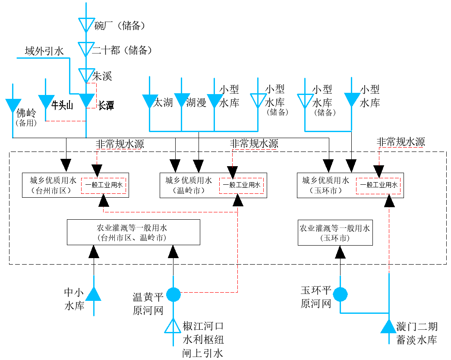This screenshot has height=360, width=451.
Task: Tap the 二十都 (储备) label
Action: tap(122, 51)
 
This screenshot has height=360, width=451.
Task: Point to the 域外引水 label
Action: tap(44, 51)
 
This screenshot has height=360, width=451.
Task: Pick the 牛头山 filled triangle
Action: tap(46, 102)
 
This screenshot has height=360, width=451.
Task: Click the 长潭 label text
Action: tap(106, 105)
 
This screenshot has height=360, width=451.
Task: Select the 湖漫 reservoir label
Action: tap(196, 102)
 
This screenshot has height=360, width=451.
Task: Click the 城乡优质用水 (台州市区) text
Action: tap(53, 185)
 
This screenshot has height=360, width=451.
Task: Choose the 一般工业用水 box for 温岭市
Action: tap(242, 185)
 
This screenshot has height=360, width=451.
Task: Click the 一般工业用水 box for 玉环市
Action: tap(378, 185)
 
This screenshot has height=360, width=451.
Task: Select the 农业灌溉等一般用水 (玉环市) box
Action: tap(335, 233)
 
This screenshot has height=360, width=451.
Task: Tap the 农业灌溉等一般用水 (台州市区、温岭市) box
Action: tap(133, 232)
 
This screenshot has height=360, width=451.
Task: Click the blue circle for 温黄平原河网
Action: tap(173, 294)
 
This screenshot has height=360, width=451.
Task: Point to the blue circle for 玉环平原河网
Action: tap(340, 294)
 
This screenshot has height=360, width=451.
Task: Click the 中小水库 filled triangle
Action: tap(94, 294)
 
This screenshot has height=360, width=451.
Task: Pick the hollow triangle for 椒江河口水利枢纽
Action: tap(173, 326)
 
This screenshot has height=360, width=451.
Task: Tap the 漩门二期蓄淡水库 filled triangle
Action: tap(389, 326)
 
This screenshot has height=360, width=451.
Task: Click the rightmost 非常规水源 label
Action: tap(401, 142)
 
